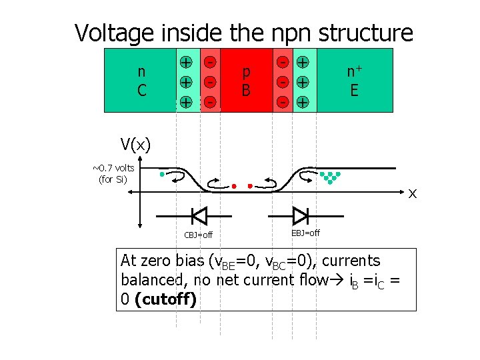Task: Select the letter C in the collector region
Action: [x=141, y=89]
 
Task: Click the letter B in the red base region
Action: [x=246, y=89]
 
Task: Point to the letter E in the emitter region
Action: [x=354, y=89]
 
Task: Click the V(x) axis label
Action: [x=135, y=144]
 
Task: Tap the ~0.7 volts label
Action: [x=113, y=168]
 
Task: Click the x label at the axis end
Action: [x=413, y=193]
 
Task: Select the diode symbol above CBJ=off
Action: [x=199, y=215]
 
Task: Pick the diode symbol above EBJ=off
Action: [x=300, y=215]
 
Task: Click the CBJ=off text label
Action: [x=198, y=235]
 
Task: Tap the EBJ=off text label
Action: [x=305, y=233]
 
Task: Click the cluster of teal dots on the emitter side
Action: [x=329, y=177]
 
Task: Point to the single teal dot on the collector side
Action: [x=162, y=175]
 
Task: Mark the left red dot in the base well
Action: [x=234, y=186]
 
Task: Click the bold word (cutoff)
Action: [x=165, y=299]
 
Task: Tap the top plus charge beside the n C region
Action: [x=186, y=63]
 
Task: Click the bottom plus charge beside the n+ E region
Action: [x=302, y=103]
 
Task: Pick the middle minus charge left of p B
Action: [x=209, y=83]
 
